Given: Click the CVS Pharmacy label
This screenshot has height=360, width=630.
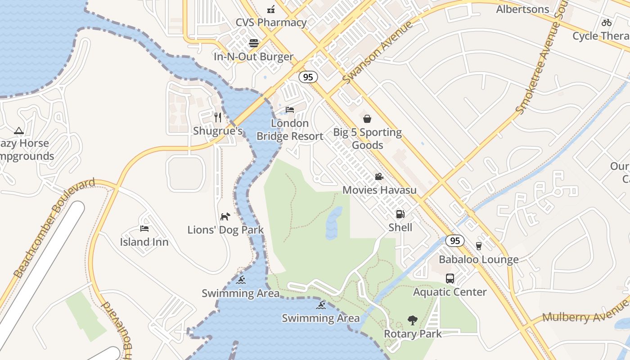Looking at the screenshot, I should (271, 22).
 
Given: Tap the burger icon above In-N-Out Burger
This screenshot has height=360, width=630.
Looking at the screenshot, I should (254, 43).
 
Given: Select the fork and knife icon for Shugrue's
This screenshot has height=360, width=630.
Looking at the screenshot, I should (218, 117).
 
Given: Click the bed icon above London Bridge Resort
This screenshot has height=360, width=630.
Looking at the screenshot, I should (290, 109).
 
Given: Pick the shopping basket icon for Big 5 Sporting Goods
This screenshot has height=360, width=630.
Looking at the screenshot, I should (367, 119).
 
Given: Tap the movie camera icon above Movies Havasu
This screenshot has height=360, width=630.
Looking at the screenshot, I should (379, 176).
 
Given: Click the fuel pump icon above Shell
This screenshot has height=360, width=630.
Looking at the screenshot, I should (400, 214).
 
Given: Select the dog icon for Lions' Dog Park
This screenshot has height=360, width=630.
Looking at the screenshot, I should (225, 216).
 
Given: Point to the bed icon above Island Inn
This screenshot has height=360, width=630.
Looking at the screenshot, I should (144, 229).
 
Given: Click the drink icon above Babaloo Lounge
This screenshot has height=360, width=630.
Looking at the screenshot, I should (478, 246).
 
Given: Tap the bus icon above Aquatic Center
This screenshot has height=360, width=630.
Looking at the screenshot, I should (450, 279).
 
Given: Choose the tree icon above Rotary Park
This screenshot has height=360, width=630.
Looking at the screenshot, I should (412, 320).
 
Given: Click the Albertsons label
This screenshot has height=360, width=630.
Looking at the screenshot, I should (522, 9).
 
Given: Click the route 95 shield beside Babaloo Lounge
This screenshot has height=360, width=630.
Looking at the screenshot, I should (455, 241).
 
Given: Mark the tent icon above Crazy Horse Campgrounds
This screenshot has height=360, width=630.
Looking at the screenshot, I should (18, 131).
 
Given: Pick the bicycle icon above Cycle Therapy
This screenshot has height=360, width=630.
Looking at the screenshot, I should (607, 22).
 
